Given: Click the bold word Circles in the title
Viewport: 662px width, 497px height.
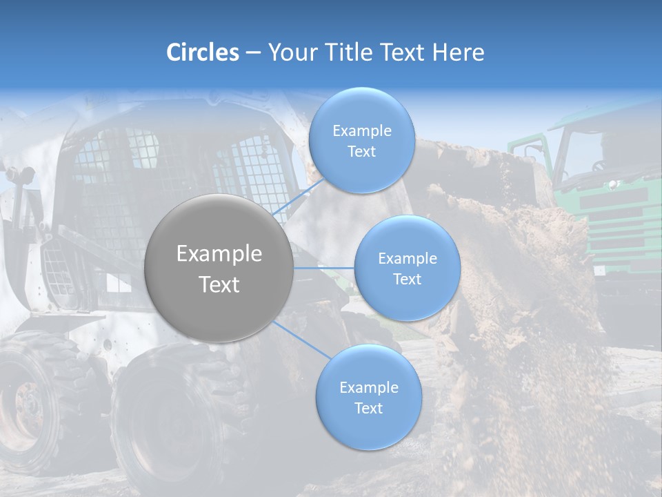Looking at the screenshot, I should [x=203, y=52].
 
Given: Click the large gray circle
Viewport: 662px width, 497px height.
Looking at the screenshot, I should [x=219, y=269].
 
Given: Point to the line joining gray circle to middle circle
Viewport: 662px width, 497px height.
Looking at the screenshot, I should [x=323, y=268].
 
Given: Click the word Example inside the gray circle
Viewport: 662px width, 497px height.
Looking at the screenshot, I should [x=219, y=254].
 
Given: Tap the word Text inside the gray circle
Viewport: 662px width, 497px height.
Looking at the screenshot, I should [x=219, y=284].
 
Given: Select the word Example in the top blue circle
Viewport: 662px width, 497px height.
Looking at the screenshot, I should [x=361, y=131].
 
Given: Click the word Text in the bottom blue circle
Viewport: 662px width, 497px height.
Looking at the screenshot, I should [x=368, y=408].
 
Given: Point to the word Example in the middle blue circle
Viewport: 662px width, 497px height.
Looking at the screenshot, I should [x=407, y=259].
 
